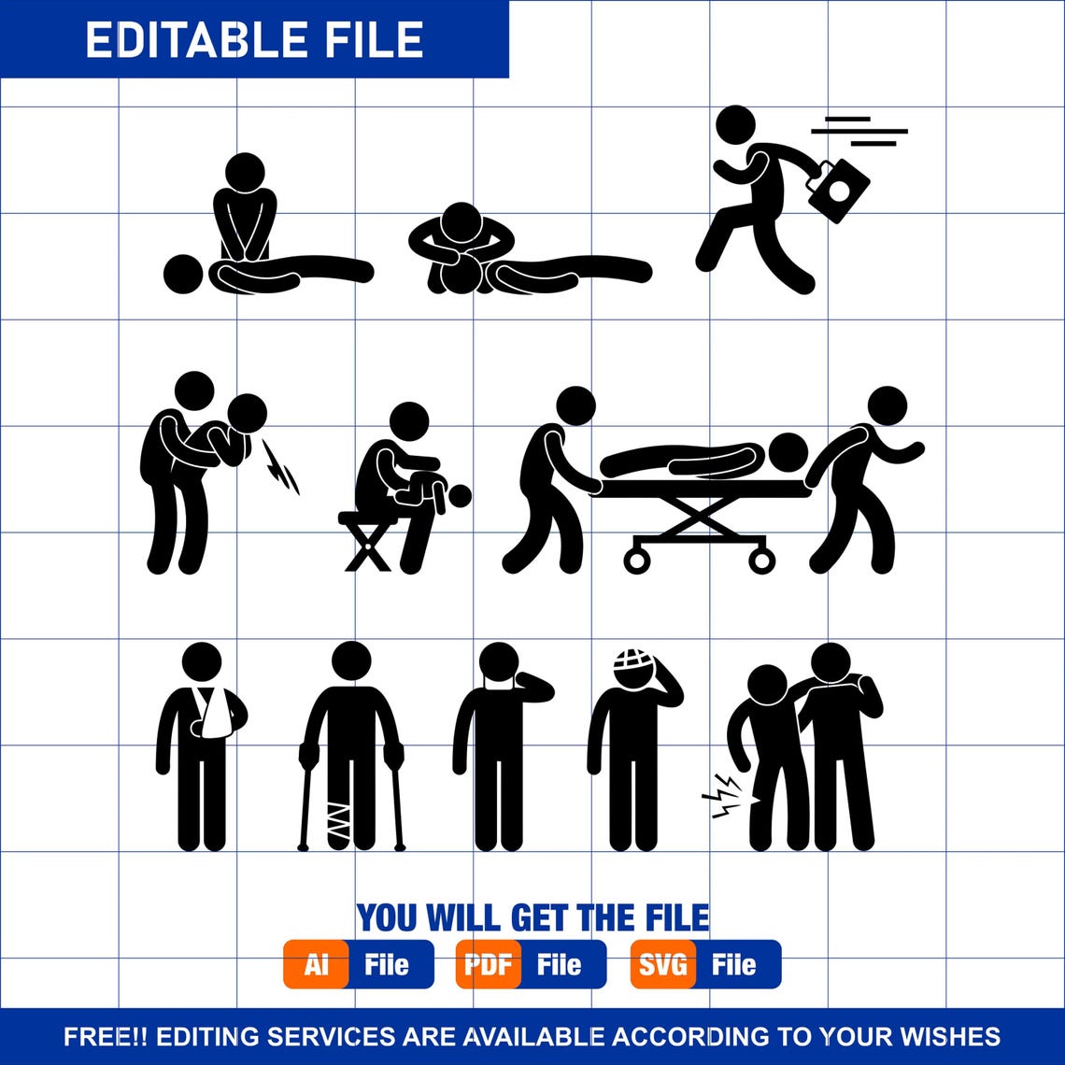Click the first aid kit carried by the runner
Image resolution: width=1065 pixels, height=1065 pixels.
click(839, 191)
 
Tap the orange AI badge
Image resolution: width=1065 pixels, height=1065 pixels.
click(316, 964)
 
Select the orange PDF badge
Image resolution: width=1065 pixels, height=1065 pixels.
click(489, 964)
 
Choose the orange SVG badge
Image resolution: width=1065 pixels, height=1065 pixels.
click(662, 964)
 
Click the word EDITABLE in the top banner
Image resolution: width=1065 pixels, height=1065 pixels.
click(178, 39)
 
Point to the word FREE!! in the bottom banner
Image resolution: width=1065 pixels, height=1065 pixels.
click(106, 1036)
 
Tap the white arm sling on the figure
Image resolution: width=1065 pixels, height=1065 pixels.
click(213, 715)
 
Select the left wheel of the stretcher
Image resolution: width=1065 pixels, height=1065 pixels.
click(637, 561)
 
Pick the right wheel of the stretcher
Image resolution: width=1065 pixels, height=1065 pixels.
click(761, 561)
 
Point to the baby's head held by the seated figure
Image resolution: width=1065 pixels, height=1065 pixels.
click(459, 496)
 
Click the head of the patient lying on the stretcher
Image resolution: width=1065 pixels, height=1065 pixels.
click(788, 453)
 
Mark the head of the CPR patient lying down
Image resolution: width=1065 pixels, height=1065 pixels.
click(183, 274)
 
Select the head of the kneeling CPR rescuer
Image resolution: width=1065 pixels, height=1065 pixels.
click(245, 173)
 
